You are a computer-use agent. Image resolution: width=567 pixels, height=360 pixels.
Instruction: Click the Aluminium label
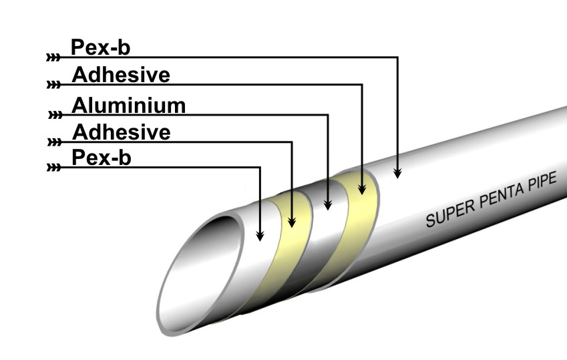(x=128, y=106)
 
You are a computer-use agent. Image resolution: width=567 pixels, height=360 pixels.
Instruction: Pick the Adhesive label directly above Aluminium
(x=120, y=75)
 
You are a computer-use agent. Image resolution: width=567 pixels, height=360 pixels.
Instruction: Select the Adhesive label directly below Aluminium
(x=120, y=132)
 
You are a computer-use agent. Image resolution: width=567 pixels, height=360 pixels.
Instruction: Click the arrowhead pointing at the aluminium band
(x=328, y=204)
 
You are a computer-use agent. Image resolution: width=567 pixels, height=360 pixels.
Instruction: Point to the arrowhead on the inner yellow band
(x=293, y=220)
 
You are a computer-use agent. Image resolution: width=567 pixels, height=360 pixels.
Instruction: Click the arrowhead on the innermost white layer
(x=260, y=236)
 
